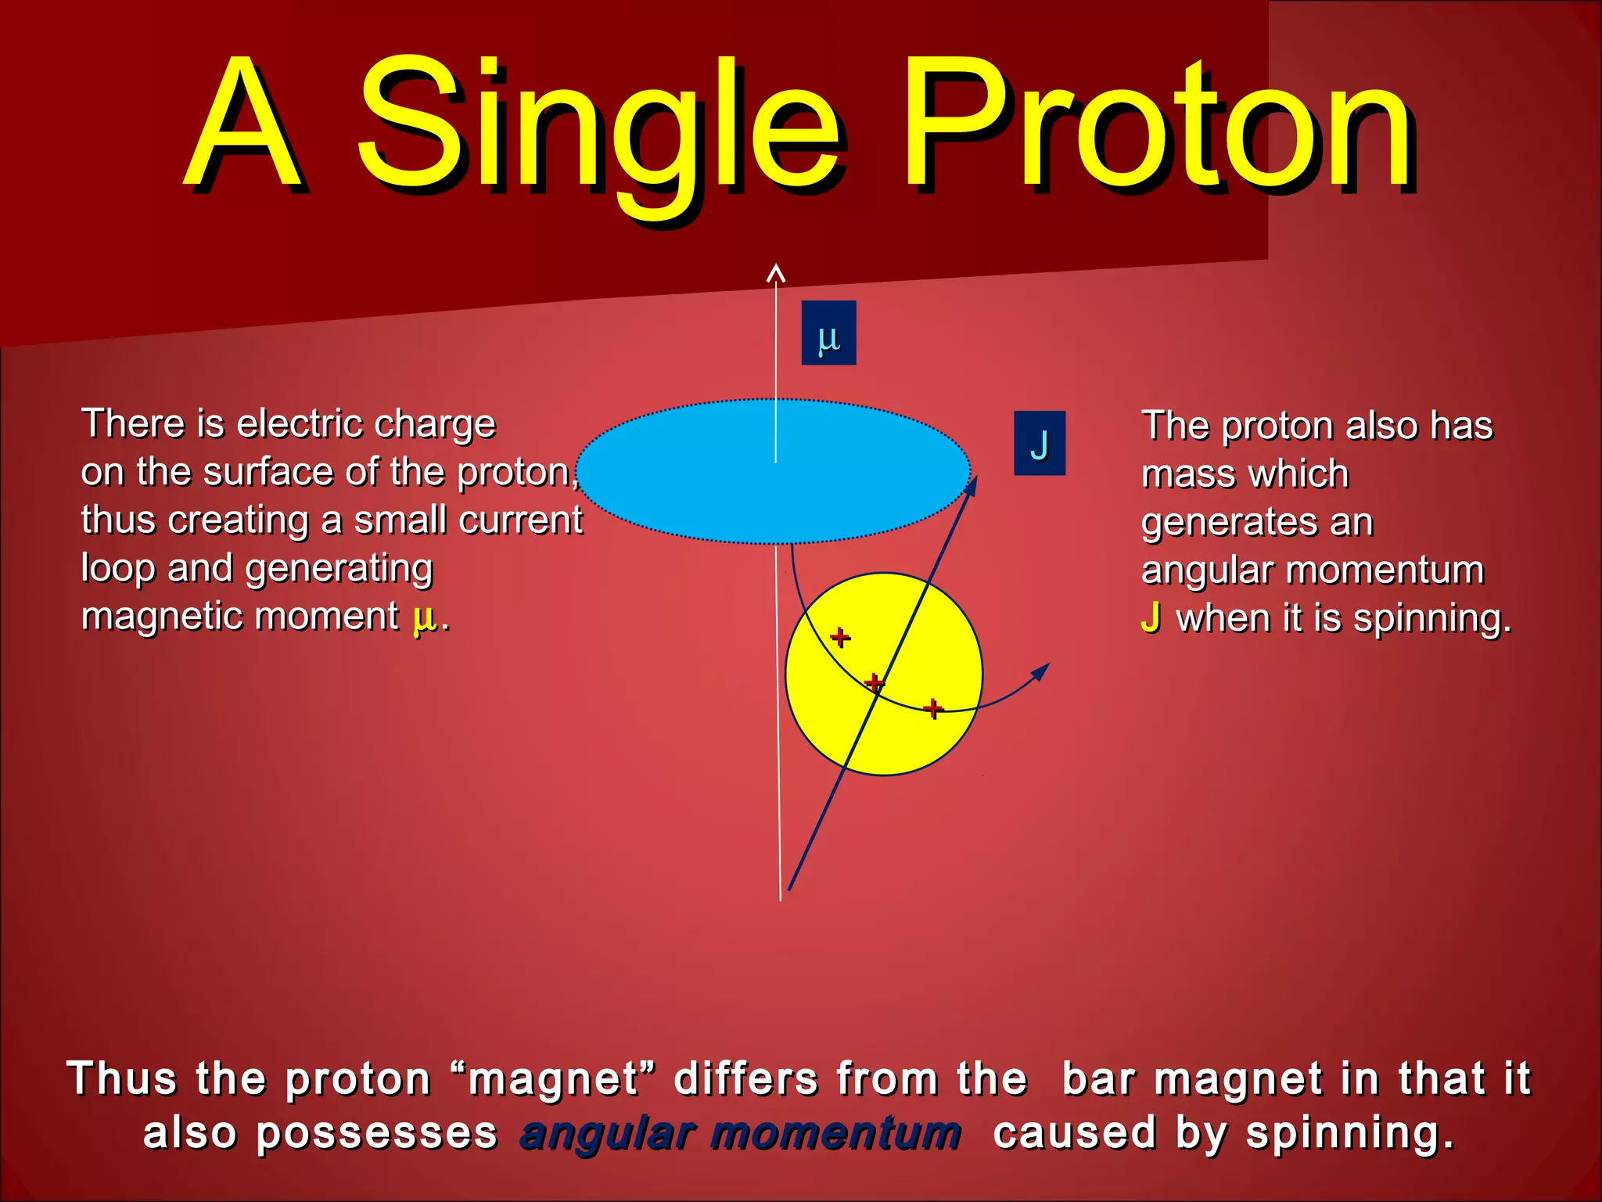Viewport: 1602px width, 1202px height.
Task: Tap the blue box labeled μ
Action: pyautogui.click(x=828, y=333)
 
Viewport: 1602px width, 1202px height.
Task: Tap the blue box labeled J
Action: pyautogui.click(x=1040, y=443)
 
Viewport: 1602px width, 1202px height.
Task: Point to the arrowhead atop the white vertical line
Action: pyautogui.click(x=775, y=273)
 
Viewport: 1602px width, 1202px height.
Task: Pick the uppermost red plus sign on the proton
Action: pyautogui.click(x=840, y=637)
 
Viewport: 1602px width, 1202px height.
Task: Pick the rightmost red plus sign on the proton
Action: pyautogui.click(x=932, y=708)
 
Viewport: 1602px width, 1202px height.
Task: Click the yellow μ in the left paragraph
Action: pyautogui.click(x=424, y=618)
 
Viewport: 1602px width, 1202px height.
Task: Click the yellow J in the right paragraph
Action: pyautogui.click(x=1150, y=617)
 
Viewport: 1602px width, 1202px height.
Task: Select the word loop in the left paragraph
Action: pyautogui.click(x=117, y=569)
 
